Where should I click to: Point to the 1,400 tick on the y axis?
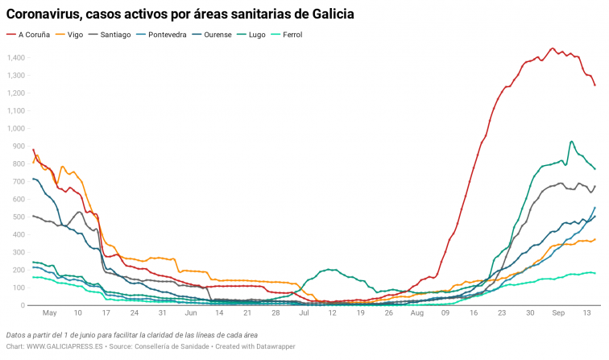tap(14, 58)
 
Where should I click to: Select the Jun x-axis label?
tap(191, 313)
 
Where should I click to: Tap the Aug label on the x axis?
tap(416, 313)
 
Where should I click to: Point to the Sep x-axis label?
tap(559, 313)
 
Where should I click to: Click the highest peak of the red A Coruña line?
tap(552, 48)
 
